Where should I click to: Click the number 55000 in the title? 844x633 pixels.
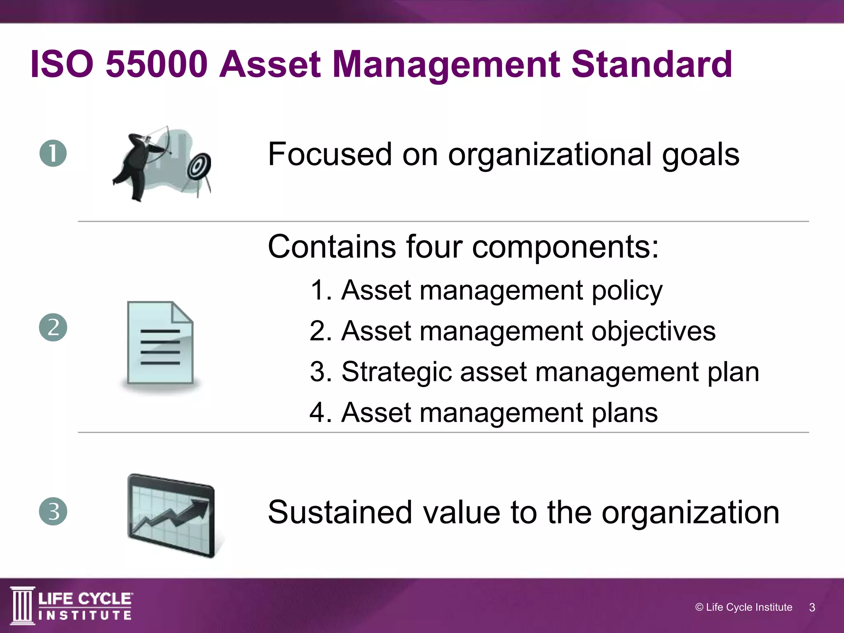coord(157,64)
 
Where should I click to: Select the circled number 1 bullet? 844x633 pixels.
coord(53,153)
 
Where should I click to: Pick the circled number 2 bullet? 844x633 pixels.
coord(53,328)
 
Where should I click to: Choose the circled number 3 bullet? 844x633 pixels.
coord(53,511)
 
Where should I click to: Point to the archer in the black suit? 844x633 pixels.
coord(136,165)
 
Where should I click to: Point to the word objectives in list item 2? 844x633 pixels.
coord(654,331)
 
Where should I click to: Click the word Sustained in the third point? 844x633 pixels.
coord(340,512)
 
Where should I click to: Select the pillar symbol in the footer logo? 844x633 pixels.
coord(22,605)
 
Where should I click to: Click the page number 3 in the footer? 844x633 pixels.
coord(812,607)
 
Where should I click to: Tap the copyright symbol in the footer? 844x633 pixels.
coord(699,607)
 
